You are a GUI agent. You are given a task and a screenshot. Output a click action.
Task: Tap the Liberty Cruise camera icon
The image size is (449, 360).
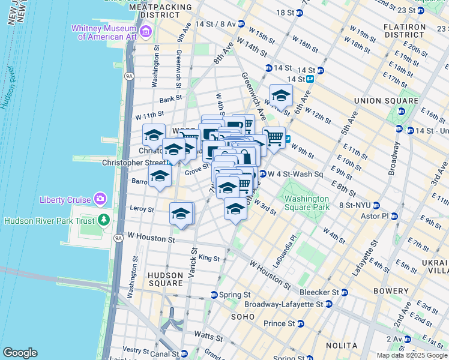[100, 199]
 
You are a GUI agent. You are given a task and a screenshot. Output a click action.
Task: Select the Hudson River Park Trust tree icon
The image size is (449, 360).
[104, 220]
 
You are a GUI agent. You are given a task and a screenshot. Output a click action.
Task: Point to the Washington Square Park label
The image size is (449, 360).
[307, 203]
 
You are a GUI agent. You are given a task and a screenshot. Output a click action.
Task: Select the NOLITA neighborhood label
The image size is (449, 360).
[341, 346]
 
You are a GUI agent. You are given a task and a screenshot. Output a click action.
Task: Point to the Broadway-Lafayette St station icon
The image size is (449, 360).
[330, 304]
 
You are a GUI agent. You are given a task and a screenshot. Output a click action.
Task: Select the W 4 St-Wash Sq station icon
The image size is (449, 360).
[263, 174]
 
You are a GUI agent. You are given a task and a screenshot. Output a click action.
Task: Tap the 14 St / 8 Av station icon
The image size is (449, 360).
[241, 24]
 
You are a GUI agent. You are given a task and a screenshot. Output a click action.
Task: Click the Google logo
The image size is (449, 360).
[20, 353]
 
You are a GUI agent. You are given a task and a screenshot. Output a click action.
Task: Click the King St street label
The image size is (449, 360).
[209, 257]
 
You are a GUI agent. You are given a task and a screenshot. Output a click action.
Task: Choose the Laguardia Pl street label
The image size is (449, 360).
[289, 244]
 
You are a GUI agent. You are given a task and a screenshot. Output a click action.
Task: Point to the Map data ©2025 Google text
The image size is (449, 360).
[411, 355]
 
